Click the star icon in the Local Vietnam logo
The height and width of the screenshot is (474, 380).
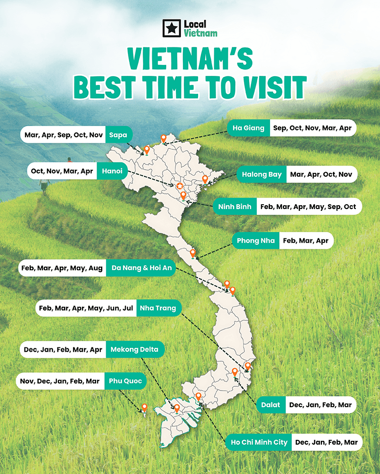point(172,28)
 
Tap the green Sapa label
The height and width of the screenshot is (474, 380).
point(118,135)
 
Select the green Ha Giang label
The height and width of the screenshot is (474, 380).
point(248,128)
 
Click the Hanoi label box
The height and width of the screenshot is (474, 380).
point(112,171)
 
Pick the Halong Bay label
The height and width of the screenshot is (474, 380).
point(262,174)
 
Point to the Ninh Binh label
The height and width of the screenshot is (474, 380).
point(235,207)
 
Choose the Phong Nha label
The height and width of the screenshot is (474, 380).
point(255,241)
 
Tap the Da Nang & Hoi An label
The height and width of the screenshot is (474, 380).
point(141,268)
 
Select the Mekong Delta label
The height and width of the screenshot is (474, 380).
point(135,350)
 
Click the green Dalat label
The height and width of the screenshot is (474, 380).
point(271,405)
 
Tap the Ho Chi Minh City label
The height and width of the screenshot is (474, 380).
point(259,442)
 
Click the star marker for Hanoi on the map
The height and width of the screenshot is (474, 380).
point(180,186)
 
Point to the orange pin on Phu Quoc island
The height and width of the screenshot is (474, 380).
point(145,407)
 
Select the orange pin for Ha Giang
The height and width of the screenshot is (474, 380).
point(163,138)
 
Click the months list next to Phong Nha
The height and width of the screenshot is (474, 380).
point(306,241)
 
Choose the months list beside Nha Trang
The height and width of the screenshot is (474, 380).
point(86,308)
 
